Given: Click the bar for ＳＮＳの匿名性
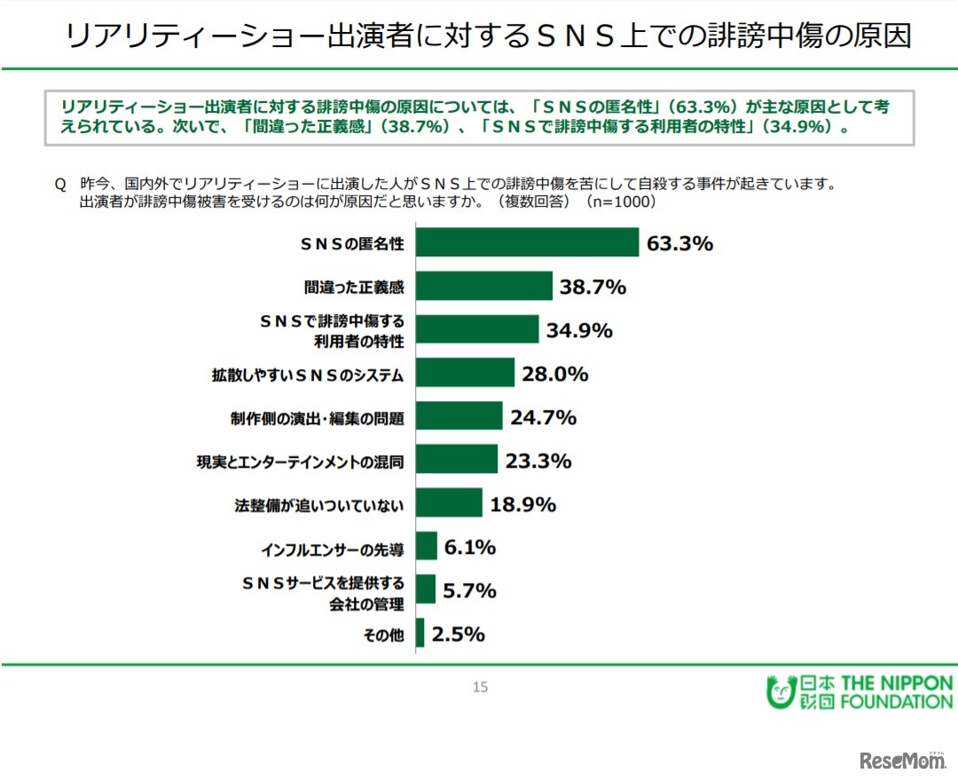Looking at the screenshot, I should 527,242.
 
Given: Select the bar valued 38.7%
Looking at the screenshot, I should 484,286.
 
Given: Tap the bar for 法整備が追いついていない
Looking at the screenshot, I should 449,503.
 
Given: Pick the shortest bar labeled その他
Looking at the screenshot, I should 420,634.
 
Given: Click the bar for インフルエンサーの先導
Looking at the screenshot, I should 427,547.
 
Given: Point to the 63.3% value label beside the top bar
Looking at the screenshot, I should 679,243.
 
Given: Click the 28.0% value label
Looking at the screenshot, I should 554,374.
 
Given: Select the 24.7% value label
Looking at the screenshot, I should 543,417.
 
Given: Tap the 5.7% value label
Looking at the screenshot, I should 469,590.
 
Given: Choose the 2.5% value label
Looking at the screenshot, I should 458,634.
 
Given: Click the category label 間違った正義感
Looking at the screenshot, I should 353,287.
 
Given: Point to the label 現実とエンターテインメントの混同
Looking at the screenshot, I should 300,461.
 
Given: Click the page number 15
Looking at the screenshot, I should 480,687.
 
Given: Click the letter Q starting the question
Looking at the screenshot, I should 60,184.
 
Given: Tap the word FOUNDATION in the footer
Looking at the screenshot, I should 896,702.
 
